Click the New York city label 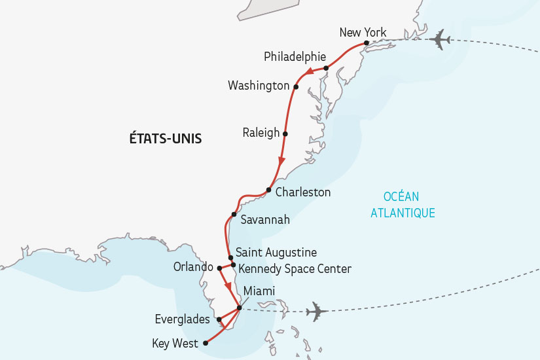click(363, 33)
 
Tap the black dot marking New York click(366, 43)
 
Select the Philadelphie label click(295, 57)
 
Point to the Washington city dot click(296, 86)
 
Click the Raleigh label click(261, 133)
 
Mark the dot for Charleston click(268, 190)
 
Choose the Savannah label click(265, 219)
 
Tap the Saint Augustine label click(276, 252)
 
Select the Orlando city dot click(220, 268)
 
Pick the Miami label click(259, 291)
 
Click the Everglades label click(183, 319)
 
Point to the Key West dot click(206, 342)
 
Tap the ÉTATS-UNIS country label click(166, 139)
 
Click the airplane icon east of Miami click(317, 311)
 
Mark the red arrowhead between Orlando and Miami click(228, 286)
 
